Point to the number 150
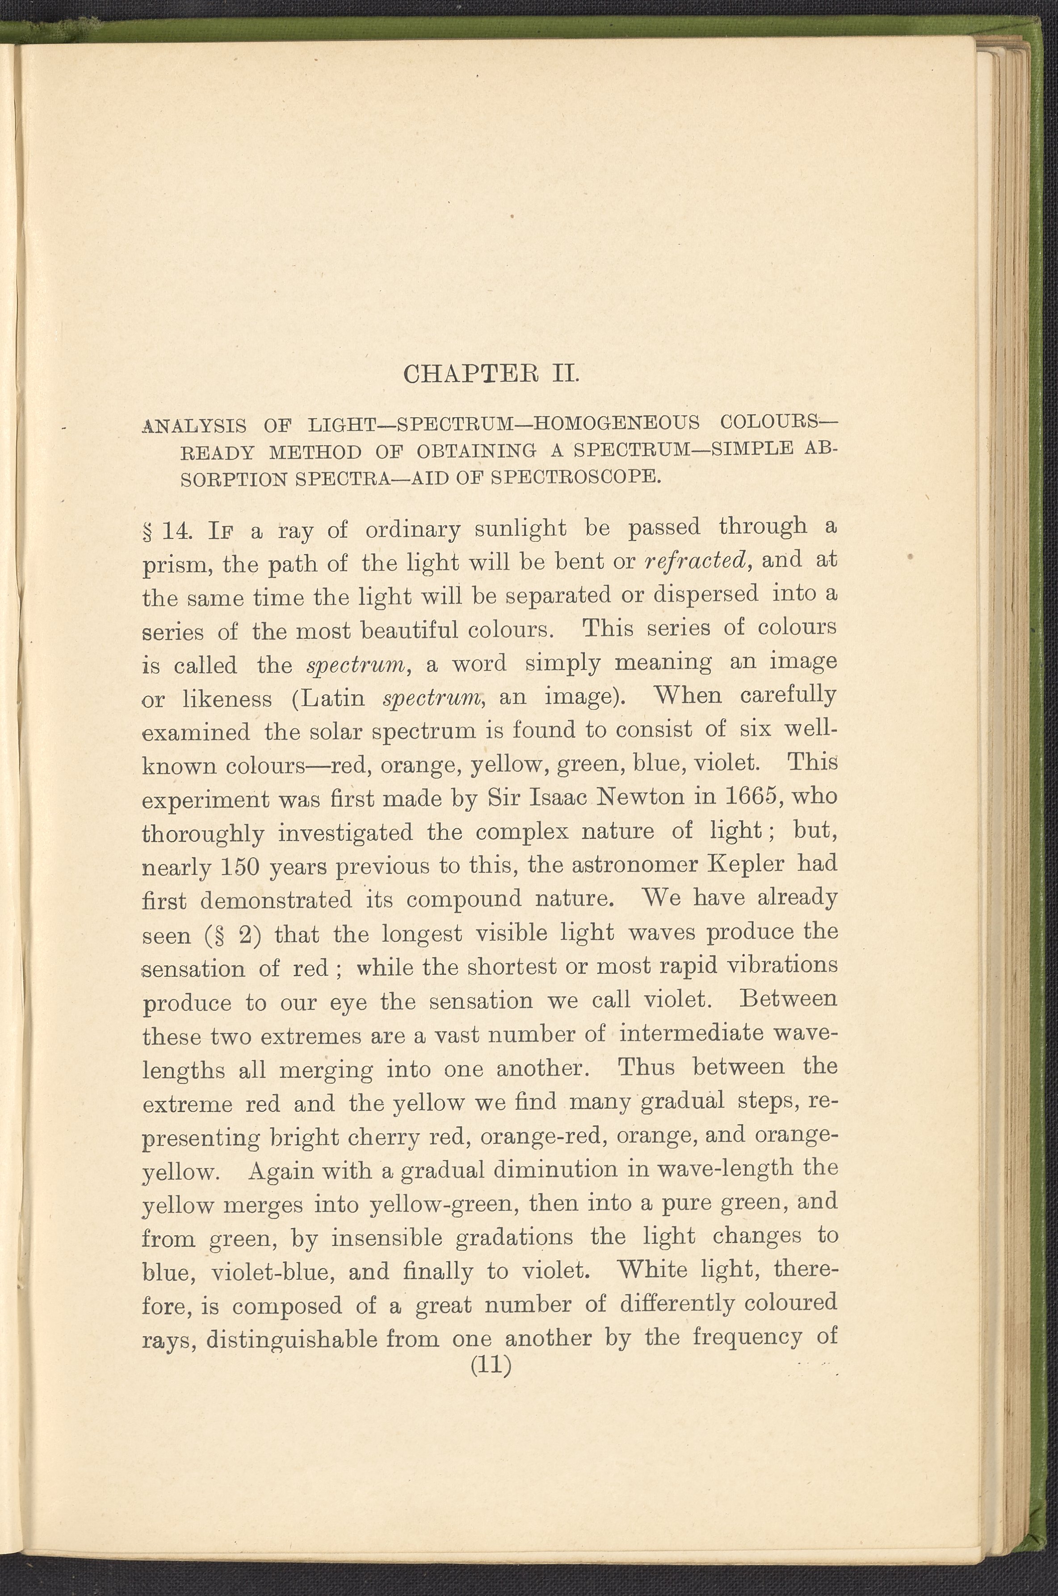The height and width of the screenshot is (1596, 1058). (x=240, y=866)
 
